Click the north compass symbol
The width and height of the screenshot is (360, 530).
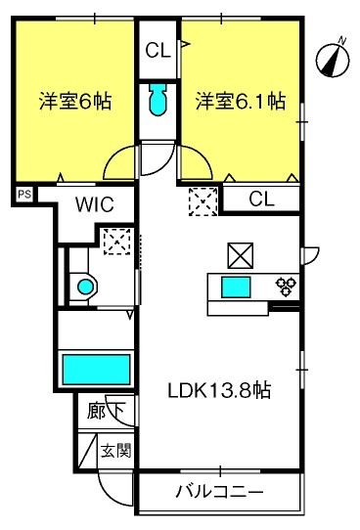[x=335, y=59]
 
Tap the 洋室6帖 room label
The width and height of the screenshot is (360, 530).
[x=73, y=102]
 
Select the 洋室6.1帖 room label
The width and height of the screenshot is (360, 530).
[x=240, y=102]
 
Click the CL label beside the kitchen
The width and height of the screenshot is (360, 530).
[x=261, y=199]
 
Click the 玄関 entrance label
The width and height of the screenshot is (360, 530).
[x=114, y=452]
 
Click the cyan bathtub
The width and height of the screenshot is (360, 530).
[x=97, y=370]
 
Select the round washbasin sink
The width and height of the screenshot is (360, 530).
[x=87, y=287]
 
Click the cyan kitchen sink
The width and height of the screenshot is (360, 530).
[x=236, y=287]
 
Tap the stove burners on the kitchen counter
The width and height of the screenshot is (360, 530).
[x=287, y=286]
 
